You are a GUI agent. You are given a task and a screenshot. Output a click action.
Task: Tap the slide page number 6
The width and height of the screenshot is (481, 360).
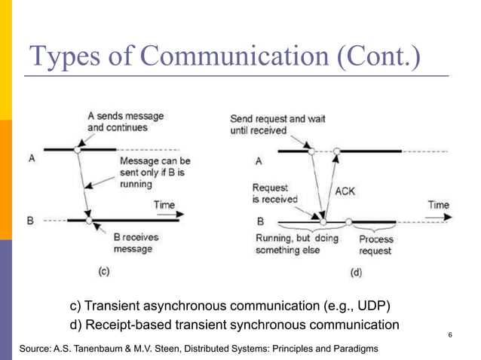click(449, 334)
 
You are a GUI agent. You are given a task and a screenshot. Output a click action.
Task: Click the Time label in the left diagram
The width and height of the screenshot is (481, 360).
click(164, 204)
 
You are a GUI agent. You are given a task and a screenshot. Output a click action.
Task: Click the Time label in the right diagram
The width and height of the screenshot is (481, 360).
click(439, 204)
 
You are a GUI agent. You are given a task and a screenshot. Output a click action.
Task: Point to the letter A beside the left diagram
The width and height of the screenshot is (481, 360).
click(31, 159)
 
